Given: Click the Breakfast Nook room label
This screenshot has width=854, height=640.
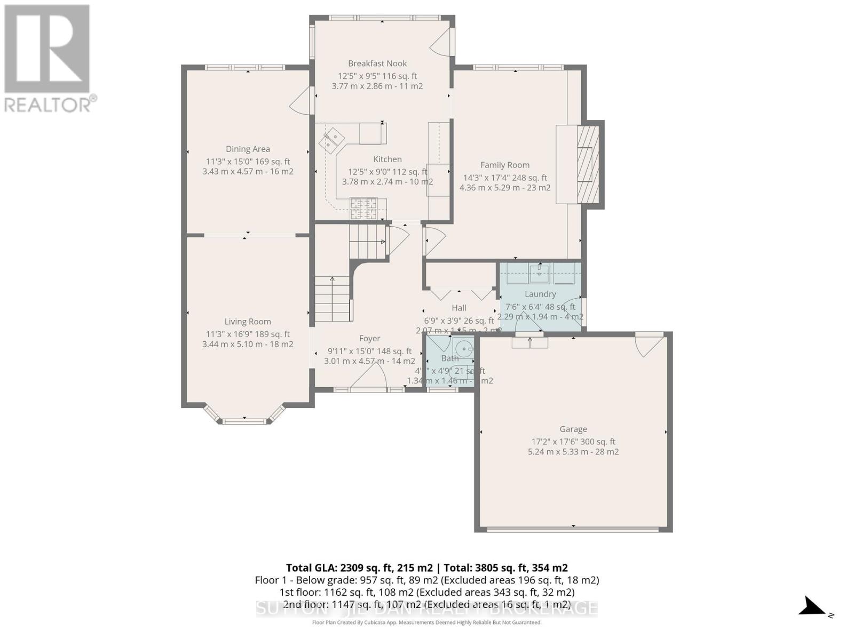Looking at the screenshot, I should click(x=377, y=63).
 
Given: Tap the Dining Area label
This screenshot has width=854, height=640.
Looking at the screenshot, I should click(x=248, y=149).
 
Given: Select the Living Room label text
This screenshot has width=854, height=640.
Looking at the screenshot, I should click(x=248, y=322).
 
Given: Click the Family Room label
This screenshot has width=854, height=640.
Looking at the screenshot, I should click(x=505, y=165).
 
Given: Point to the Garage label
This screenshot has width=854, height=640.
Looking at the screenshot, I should click(x=573, y=429).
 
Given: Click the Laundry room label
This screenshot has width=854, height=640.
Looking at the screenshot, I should click(x=540, y=294).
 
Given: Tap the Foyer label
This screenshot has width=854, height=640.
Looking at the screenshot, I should click(x=369, y=339).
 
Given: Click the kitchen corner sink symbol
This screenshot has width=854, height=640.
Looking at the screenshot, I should click(x=331, y=140).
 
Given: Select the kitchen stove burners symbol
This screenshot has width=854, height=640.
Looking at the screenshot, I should click(x=363, y=209).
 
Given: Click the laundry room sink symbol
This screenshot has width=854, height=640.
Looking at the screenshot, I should click(x=539, y=274).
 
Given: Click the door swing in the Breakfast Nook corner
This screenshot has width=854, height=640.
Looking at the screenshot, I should click(x=442, y=41).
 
